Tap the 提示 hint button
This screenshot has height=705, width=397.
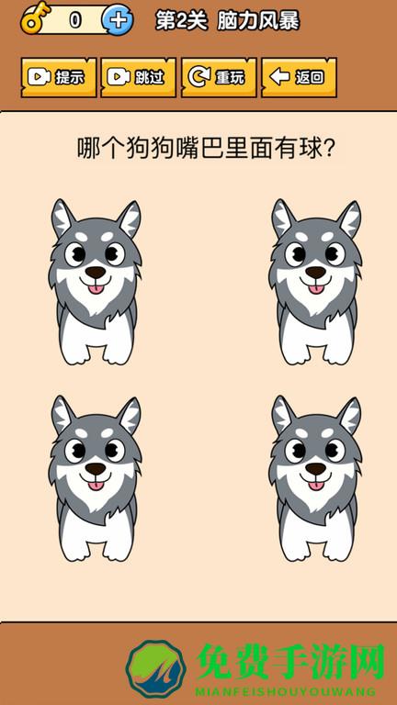(x=59, y=77)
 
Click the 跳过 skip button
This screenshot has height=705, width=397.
(x=139, y=77)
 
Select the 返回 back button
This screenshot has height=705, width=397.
(x=300, y=77)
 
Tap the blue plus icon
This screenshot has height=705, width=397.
(x=118, y=21)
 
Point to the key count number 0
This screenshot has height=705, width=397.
(x=75, y=20)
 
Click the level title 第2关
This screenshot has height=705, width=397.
(x=182, y=21)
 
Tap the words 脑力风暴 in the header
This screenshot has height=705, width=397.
(x=258, y=21)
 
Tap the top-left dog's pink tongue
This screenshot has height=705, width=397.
(x=96, y=288)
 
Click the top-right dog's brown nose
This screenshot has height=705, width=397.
(x=315, y=272)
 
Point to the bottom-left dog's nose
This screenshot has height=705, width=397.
(x=96, y=469)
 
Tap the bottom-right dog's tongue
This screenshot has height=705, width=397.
(x=315, y=485)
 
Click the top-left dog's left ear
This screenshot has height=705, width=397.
(x=63, y=218)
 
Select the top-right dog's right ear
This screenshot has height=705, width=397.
(x=349, y=218)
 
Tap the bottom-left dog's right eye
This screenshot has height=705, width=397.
(x=115, y=450)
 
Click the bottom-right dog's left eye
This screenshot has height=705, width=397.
(x=296, y=450)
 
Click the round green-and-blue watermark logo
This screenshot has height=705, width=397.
(x=156, y=669)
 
